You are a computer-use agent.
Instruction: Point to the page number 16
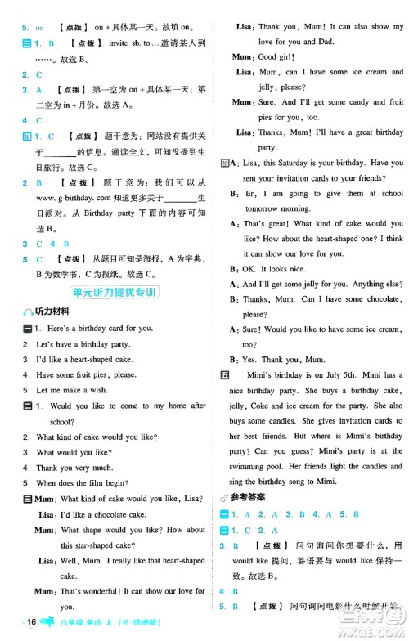click(x=32, y=623)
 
